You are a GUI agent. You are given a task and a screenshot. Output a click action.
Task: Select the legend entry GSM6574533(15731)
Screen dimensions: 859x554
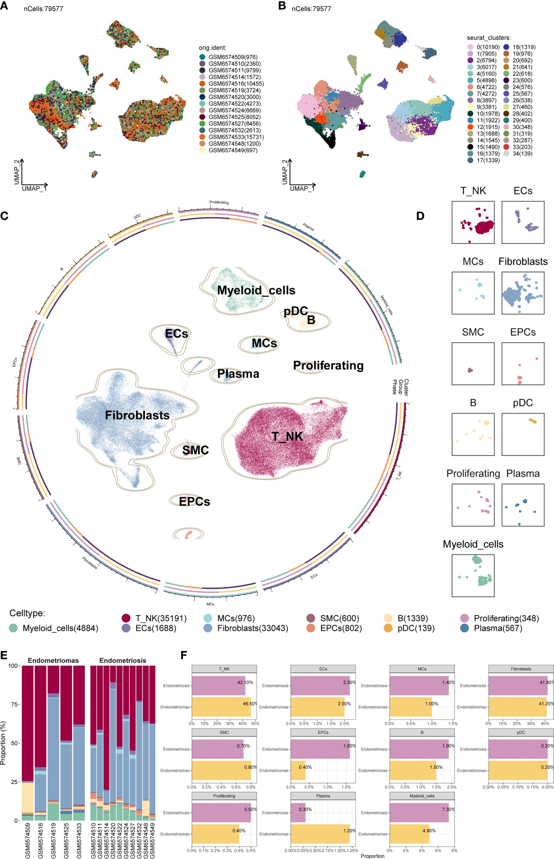pos(236,137)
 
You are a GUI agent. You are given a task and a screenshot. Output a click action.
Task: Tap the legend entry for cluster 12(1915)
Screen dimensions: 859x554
pos(488,127)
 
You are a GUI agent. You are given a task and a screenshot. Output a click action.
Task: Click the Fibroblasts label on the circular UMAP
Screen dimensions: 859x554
pos(137,415)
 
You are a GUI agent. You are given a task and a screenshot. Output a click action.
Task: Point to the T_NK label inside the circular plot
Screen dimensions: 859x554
pos(287,436)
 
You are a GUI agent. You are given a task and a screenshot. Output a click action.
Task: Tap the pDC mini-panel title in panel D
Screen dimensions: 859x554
pos(523,403)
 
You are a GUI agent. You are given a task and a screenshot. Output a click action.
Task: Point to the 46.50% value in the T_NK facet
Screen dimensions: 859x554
pos(250,704)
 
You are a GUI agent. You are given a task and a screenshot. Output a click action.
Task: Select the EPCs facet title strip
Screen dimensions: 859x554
pos(323,732)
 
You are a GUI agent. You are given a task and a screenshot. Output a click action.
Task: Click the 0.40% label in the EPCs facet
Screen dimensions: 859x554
pos(305,767)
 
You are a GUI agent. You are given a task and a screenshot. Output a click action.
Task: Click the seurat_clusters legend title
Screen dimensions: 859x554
pos(488,38)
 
